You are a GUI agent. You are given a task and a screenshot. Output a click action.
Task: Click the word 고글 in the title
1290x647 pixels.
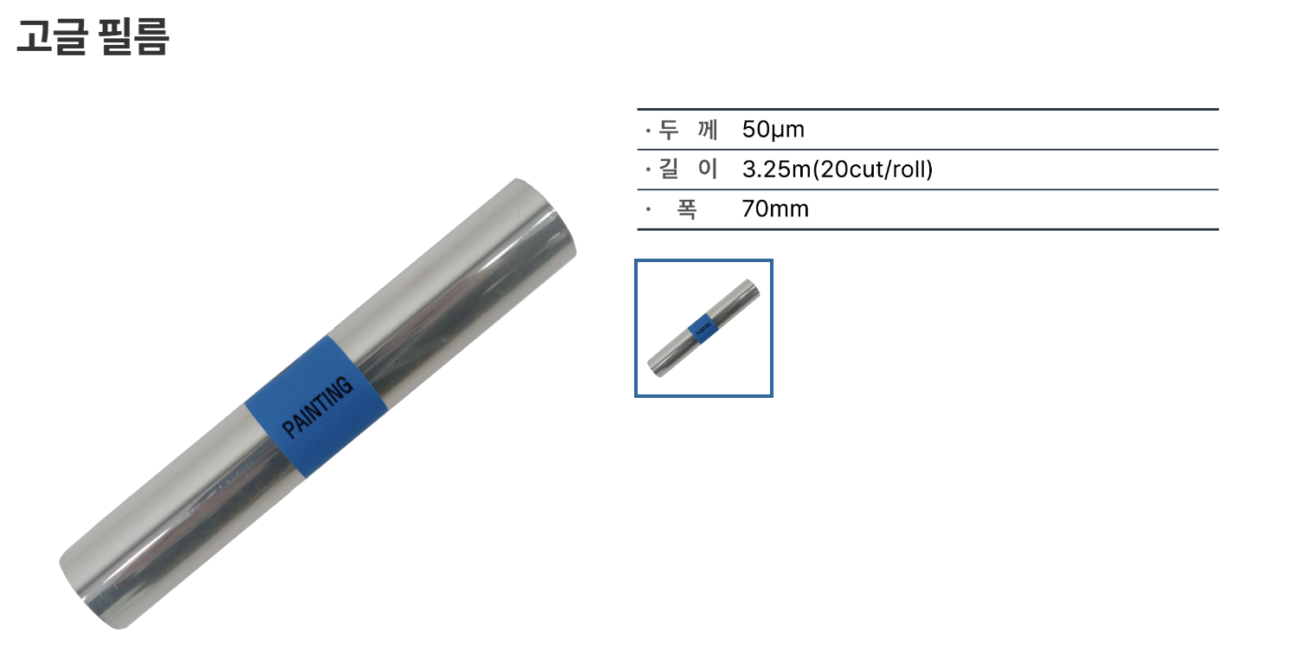53,36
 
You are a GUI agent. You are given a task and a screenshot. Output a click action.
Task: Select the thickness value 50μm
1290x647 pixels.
773,130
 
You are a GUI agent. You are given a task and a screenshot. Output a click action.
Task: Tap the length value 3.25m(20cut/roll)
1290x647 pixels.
838,170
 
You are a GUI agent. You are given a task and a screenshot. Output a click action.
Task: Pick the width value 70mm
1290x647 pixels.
775,209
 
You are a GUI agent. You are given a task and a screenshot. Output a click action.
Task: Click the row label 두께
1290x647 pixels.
688,130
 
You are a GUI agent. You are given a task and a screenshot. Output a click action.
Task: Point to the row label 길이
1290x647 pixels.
688,170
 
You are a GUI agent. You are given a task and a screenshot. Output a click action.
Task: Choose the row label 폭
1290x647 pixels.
686,209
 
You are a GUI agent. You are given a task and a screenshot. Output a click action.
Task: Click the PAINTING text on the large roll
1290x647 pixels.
318,407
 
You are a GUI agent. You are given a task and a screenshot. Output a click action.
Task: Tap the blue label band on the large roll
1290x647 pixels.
316,407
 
